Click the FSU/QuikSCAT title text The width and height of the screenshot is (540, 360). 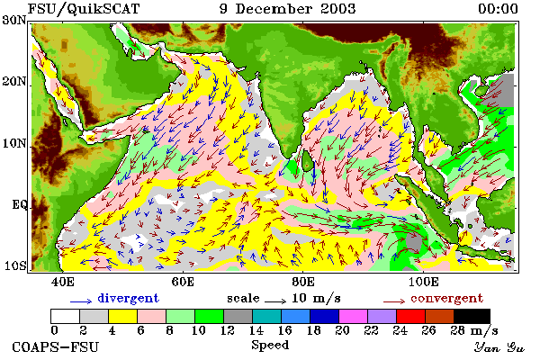84,9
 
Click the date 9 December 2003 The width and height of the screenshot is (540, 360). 287,9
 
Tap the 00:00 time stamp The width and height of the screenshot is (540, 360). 498,9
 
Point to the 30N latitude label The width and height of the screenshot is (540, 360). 14,20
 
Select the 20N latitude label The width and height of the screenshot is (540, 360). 14,82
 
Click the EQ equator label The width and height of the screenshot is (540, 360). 19,204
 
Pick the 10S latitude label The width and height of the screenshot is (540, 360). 14,266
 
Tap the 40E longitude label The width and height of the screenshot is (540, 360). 62,282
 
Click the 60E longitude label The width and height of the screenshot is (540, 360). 183,282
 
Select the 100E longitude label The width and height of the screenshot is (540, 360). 424,282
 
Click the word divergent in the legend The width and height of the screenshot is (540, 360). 128,298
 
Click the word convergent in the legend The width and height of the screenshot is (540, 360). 446,298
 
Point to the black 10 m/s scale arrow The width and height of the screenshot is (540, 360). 275,301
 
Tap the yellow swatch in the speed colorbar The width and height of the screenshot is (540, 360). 123,316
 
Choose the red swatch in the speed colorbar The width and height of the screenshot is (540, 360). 411,316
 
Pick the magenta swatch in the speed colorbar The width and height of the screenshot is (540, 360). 354,316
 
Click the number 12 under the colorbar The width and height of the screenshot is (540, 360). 228,330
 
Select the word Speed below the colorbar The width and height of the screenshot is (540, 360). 270,346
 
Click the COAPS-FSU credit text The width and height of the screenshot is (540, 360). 56,346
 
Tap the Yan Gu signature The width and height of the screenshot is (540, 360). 499,347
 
